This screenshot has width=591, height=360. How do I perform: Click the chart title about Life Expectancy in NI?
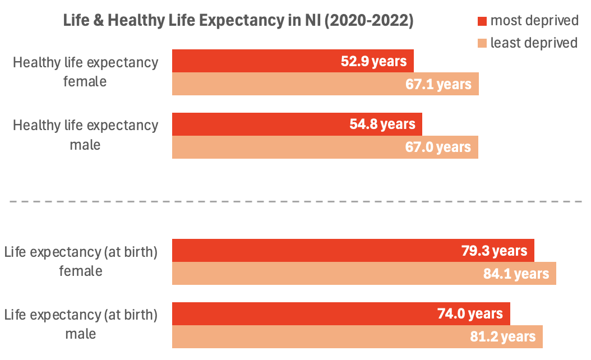click(238, 21)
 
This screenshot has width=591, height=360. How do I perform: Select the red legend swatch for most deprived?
click(482, 21)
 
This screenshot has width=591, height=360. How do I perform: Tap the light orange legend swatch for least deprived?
click(482, 43)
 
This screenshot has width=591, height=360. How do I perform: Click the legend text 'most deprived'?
click(534, 21)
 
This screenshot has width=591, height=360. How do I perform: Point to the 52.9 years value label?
click(373, 61)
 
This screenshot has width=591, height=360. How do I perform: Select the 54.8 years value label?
click(382, 124)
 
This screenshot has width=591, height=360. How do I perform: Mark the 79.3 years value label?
click(494, 251)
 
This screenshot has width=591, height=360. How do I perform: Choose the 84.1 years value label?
click(516, 274)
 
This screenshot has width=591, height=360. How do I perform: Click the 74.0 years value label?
click(470, 314)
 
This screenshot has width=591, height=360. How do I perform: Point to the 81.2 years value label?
click(502, 337)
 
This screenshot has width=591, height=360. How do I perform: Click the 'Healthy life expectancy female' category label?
click(85, 72)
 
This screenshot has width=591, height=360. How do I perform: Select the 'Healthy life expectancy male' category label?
click(85, 135)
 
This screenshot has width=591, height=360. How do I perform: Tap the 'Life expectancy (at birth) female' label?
click(81, 261)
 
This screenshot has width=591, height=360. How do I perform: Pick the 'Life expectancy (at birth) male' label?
click(81, 324)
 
